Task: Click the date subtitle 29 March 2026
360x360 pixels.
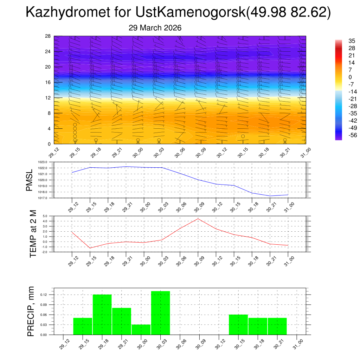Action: pos(155,28)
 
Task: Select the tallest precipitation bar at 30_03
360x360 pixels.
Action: pos(160,313)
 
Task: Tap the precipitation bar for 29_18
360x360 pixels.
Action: pos(102,315)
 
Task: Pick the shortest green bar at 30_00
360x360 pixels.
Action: pos(141,329)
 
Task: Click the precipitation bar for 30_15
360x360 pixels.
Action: pos(238,324)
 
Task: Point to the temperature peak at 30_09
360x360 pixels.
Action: pos(198,219)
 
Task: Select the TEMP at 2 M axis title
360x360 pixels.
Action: pos(33,234)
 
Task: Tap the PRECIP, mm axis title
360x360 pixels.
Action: pos(31,311)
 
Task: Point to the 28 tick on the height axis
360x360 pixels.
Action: pos(48,36)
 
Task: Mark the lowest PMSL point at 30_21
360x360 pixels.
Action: pos(270,196)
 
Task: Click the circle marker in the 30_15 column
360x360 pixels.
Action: pos(243,136)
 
